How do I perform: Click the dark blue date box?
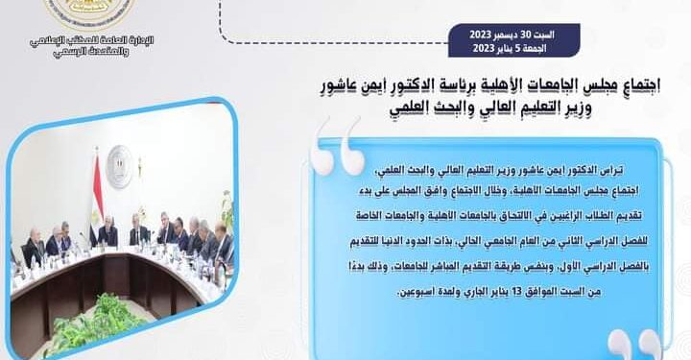pos(500,41)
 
